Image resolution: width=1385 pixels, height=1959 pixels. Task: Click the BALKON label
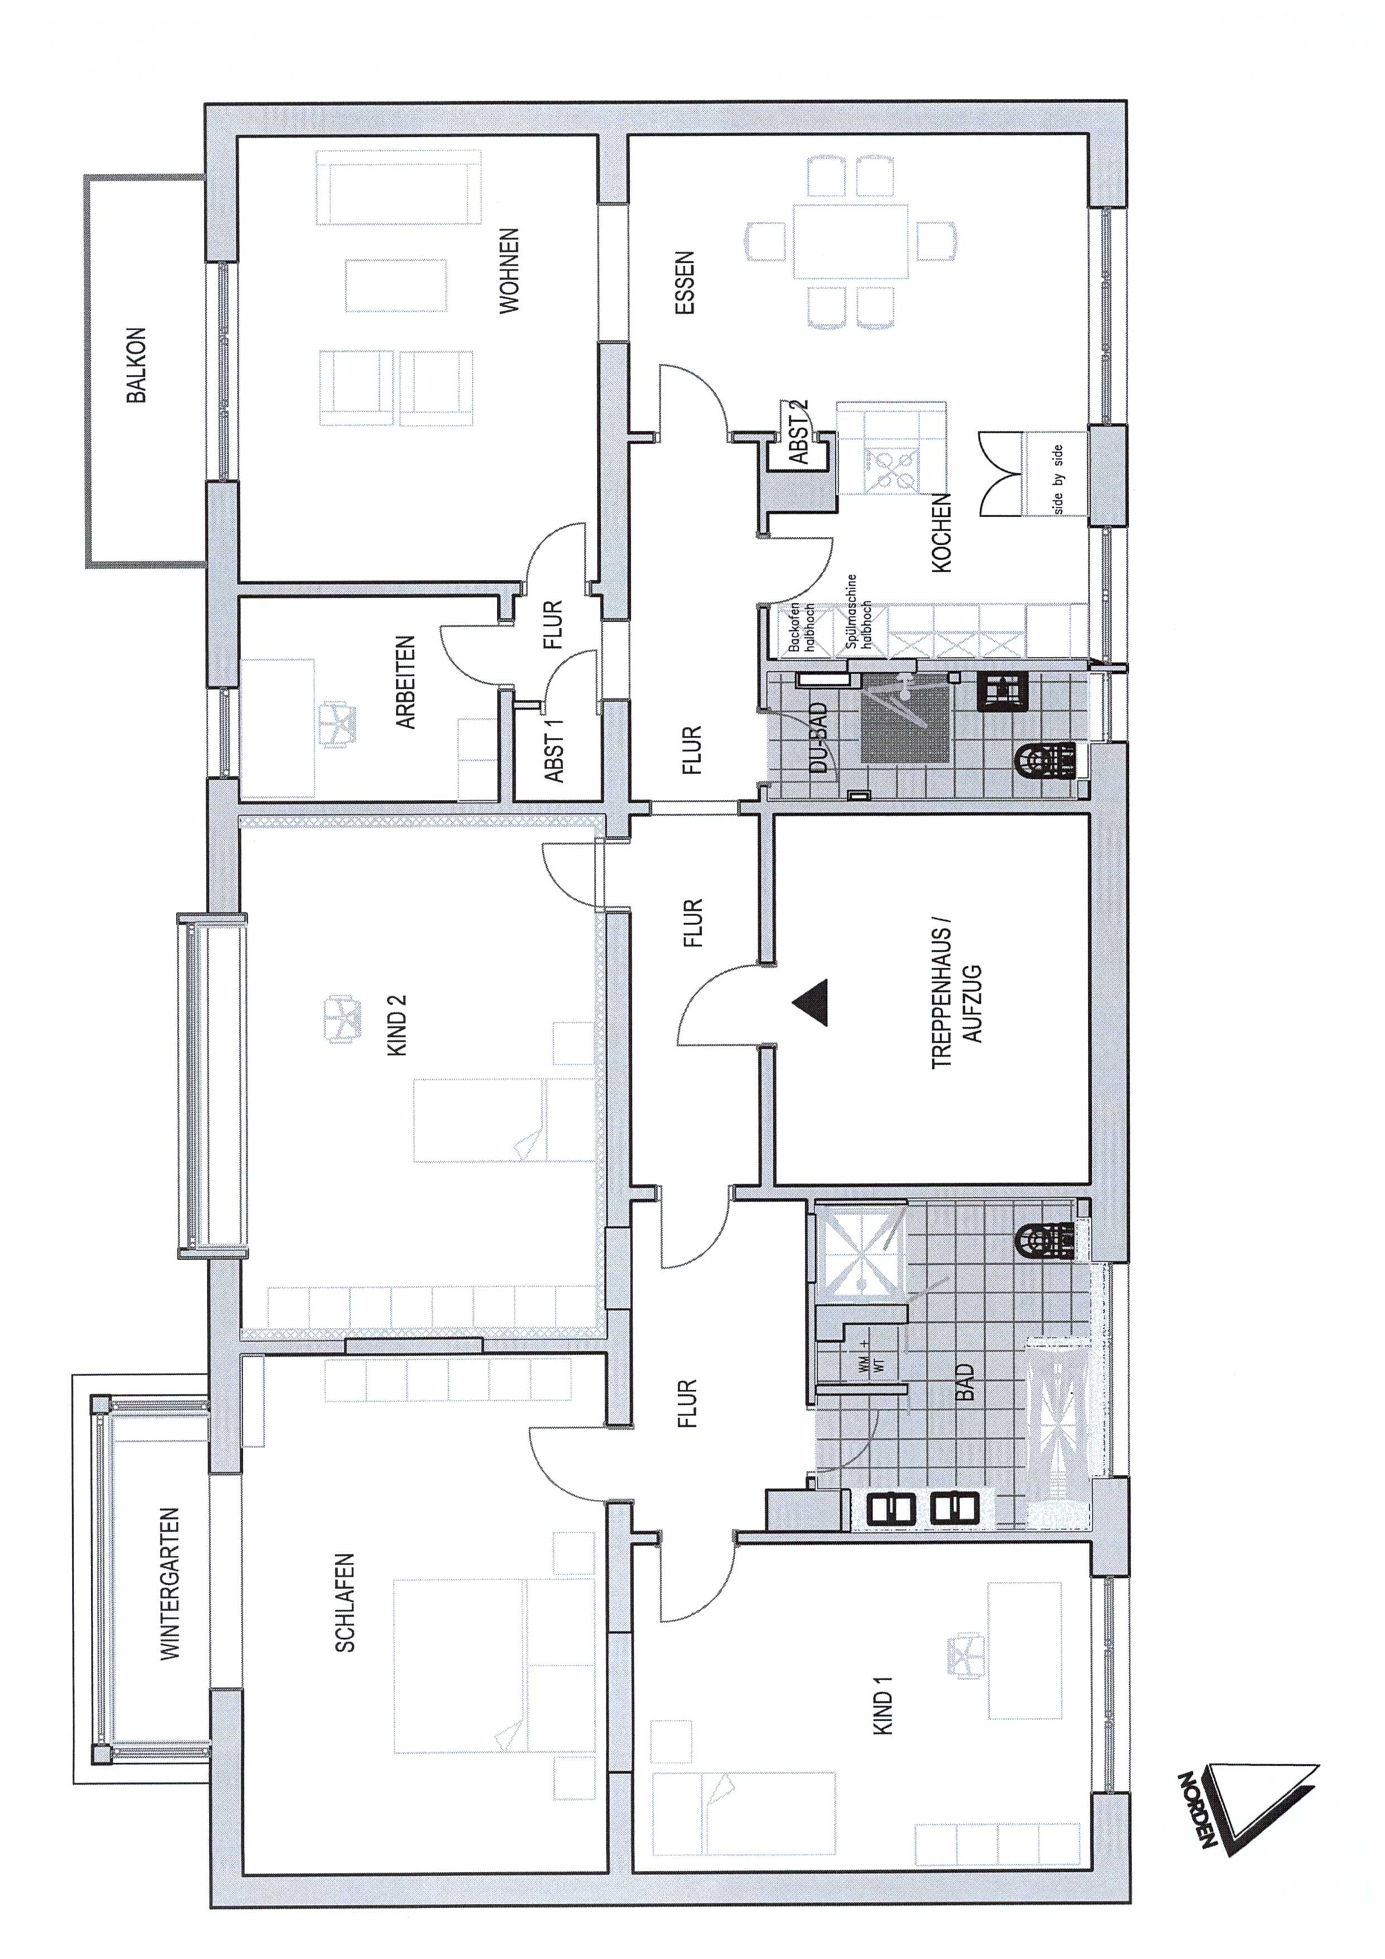point(136,365)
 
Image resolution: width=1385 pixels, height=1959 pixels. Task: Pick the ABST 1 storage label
point(554,751)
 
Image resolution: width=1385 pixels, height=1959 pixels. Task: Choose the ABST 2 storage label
point(799,432)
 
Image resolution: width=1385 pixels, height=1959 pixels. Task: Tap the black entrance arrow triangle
point(809,1003)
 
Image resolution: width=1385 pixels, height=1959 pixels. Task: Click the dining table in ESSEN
point(850,241)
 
